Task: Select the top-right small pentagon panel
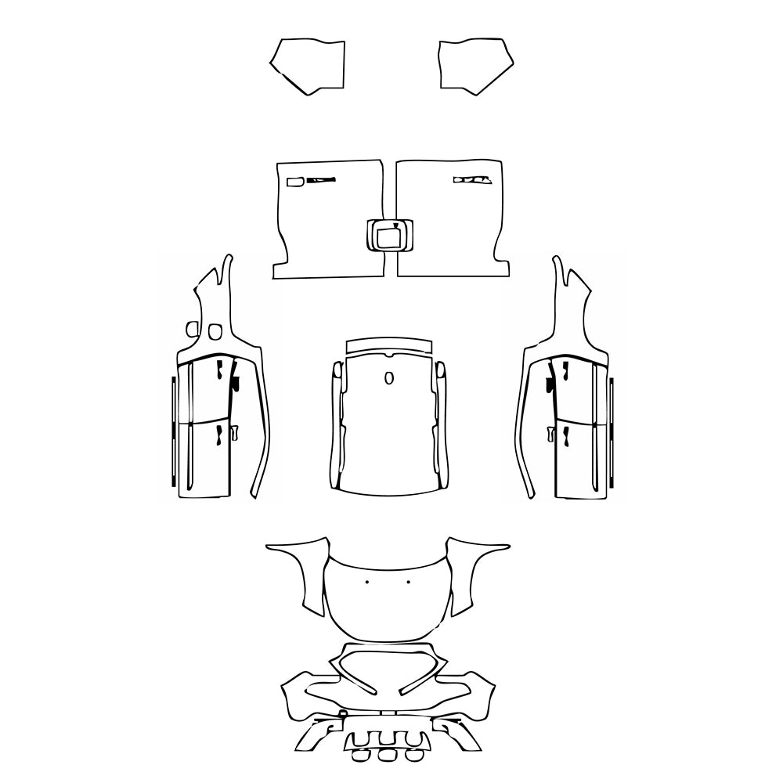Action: (x=474, y=64)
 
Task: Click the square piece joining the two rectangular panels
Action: (x=389, y=235)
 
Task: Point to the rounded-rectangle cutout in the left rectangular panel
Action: (x=296, y=182)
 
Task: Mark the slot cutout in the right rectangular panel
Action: (x=471, y=181)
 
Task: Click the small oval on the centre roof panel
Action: (x=389, y=378)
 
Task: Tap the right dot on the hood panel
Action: (x=410, y=583)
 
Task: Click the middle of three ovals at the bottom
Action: (x=388, y=756)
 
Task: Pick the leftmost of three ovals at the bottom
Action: (x=361, y=756)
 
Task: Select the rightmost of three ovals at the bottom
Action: (x=413, y=756)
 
